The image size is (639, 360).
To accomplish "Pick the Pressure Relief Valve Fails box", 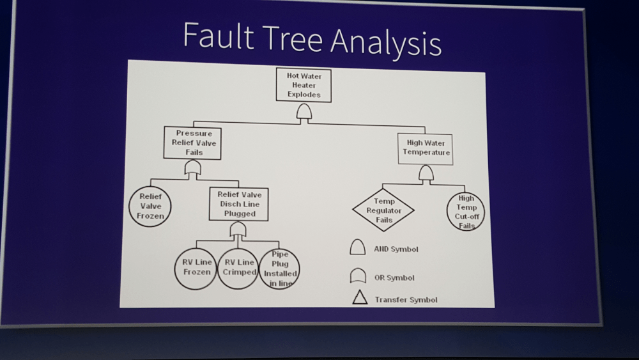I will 194,143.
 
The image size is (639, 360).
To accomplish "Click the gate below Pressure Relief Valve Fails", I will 193,168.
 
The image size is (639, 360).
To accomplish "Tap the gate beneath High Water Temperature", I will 426,173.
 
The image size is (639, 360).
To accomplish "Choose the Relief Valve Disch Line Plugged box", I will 239,204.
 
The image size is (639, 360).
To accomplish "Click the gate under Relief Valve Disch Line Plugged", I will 238,230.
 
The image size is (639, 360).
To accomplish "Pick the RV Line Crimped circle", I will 238,268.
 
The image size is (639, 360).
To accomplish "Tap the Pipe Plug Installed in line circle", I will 279,269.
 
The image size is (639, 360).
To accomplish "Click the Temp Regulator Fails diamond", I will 383,210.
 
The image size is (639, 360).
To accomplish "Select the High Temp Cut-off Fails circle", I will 466,212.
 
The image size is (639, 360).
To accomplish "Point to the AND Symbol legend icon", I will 358,247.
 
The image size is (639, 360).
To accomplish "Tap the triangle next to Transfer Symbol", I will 360,297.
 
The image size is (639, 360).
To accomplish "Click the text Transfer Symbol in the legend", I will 406,299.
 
